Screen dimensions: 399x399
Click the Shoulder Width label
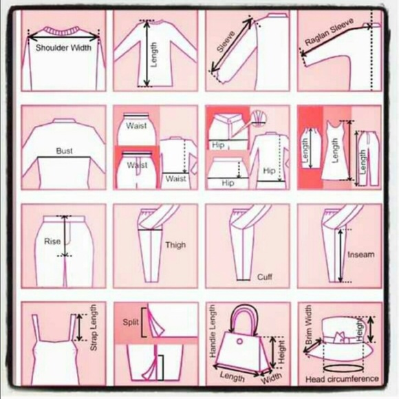(x=63, y=48)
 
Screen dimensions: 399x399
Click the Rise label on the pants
(x=52, y=241)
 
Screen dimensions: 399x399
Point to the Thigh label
(x=175, y=244)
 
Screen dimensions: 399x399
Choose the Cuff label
(x=265, y=277)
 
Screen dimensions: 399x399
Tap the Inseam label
(x=361, y=255)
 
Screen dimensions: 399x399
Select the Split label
(x=131, y=322)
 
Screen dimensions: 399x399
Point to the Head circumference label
(x=342, y=379)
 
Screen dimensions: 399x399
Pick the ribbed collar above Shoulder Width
(x=63, y=32)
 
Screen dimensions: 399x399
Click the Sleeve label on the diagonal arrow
(x=226, y=43)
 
